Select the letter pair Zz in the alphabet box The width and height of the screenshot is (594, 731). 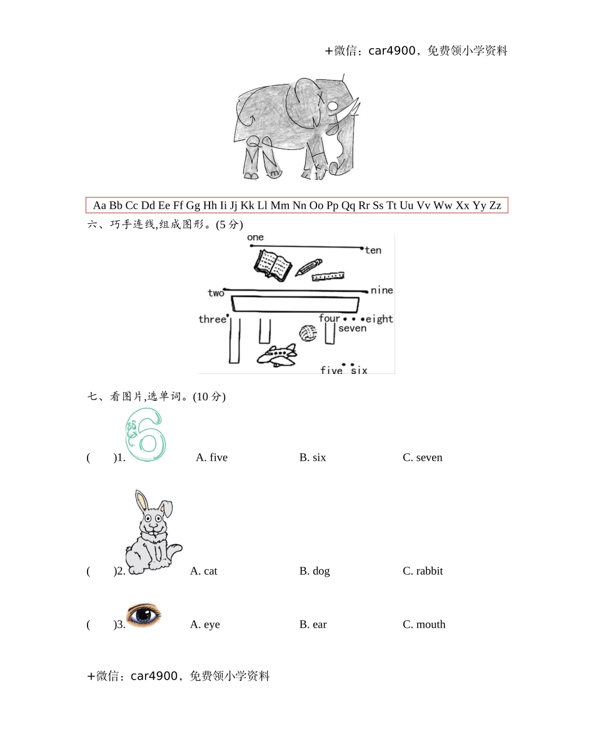coord(495,205)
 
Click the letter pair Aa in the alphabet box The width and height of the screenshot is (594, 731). coord(99,205)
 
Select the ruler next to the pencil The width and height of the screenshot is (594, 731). coord(329,276)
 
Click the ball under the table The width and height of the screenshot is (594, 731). coord(308,333)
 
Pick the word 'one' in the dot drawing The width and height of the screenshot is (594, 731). coord(255,238)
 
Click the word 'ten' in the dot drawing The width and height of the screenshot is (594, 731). coord(373,251)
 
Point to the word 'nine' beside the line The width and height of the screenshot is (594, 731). coord(381,290)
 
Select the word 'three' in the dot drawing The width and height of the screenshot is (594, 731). coord(212,320)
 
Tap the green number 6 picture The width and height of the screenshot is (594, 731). coord(145,436)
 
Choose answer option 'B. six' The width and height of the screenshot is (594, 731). coord(313,458)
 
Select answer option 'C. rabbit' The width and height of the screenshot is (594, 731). coord(423,571)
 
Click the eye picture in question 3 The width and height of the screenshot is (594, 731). coord(144,615)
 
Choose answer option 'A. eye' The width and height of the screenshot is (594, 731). coord(205,625)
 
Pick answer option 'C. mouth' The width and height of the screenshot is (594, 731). coord(424,625)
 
